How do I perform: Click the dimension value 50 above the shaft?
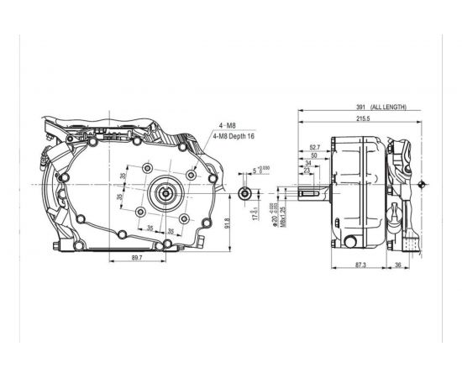click(x=313, y=156)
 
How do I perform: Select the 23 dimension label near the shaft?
click(x=307, y=172)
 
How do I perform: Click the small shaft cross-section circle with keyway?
click(x=243, y=193)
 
